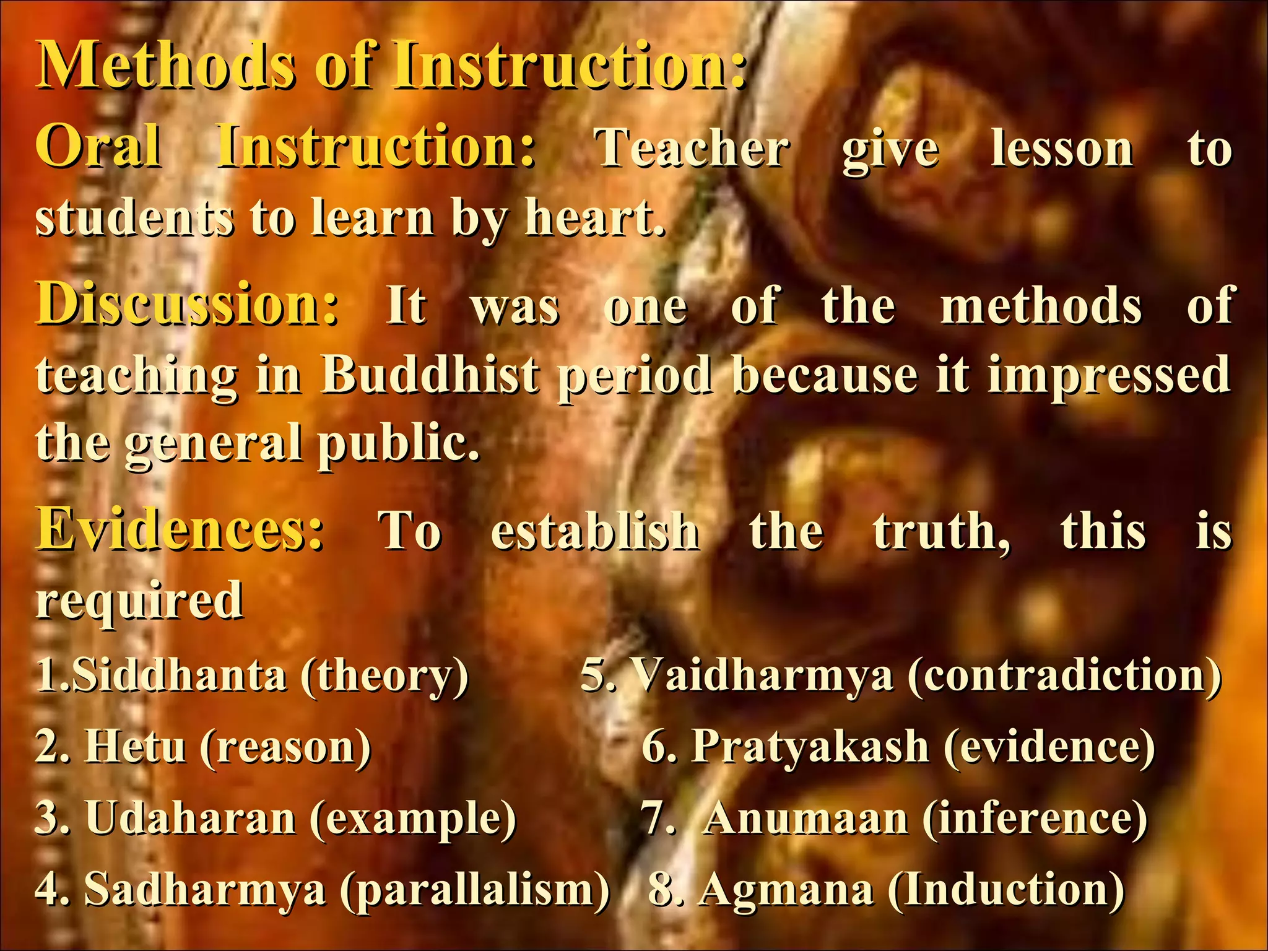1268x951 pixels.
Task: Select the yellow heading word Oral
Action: pos(99,147)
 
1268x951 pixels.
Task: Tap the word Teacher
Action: pos(692,149)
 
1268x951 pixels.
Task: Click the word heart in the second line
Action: pos(594,217)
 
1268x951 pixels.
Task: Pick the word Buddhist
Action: pos(430,375)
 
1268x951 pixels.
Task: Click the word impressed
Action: pos(1108,375)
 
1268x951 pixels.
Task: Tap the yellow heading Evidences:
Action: pos(180,530)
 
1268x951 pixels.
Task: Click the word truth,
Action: pos(941,531)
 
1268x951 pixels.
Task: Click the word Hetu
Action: pos(135,746)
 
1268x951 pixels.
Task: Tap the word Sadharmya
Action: pos(205,889)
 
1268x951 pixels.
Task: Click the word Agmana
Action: pos(786,889)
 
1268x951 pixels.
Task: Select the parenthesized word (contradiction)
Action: pos(1065,675)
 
